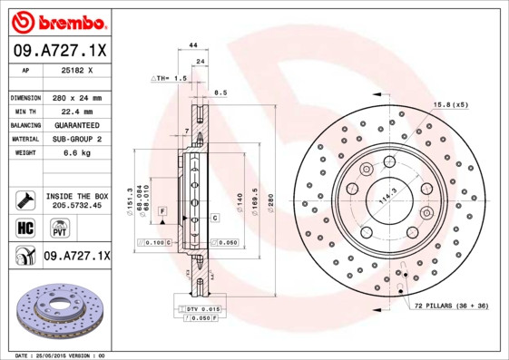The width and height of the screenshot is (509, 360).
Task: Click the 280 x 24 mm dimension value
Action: click(77, 97)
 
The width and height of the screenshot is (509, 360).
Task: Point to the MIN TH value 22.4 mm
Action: click(77, 111)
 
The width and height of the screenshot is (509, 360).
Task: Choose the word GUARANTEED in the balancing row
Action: click(77, 124)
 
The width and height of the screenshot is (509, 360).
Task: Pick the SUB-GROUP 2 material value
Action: click(77, 139)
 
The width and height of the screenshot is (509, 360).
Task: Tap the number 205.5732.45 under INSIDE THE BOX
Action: click(77, 205)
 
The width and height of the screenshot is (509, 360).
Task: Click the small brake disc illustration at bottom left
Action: click(56, 310)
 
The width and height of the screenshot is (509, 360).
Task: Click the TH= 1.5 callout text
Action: click(170, 79)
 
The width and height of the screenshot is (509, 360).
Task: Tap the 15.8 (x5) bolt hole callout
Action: click(450, 105)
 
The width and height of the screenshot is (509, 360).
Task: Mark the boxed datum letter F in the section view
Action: click(162, 210)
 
